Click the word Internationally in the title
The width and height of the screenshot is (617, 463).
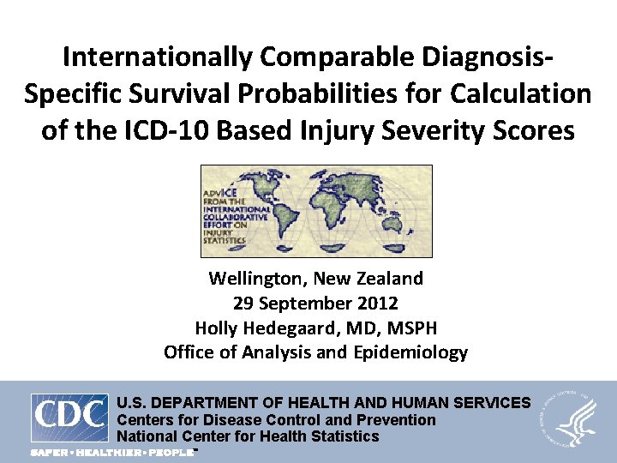157,58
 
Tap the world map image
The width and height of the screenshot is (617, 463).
316,211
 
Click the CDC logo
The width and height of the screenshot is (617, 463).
70,418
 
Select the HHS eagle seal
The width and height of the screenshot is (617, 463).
569,419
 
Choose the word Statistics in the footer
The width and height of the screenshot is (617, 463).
343,436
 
